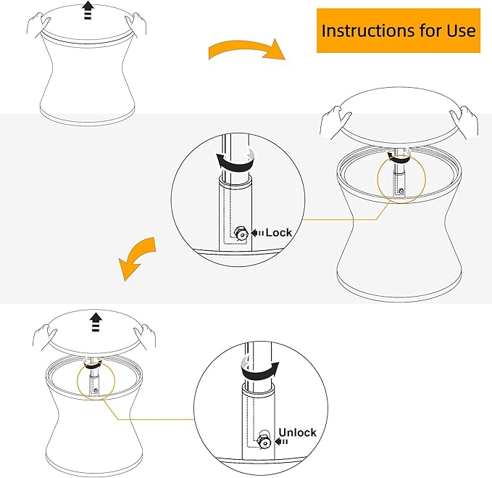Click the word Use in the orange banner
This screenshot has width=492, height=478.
tap(461, 30)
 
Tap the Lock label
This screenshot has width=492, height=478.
tap(279, 233)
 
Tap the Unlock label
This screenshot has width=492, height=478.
tap(298, 432)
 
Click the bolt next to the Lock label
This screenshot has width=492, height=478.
tap(241, 234)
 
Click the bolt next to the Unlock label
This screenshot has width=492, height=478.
tap(264, 442)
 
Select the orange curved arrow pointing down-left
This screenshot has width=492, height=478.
tap(136, 258)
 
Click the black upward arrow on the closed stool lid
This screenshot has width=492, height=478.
tap(88, 10)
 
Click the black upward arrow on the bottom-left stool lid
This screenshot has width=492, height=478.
tap(96, 321)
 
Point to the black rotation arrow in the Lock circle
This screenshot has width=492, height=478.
tap(235, 162)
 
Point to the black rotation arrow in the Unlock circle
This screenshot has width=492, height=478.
tap(260, 371)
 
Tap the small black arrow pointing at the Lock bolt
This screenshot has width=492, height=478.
tap(257, 233)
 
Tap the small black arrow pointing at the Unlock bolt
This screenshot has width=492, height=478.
tap(281, 442)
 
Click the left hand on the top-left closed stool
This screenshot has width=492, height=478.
tap(38, 25)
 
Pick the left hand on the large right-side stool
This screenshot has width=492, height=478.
tap(335, 123)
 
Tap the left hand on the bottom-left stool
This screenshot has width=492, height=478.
tap(44, 337)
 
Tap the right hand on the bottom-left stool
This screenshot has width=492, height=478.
tap(145, 337)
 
